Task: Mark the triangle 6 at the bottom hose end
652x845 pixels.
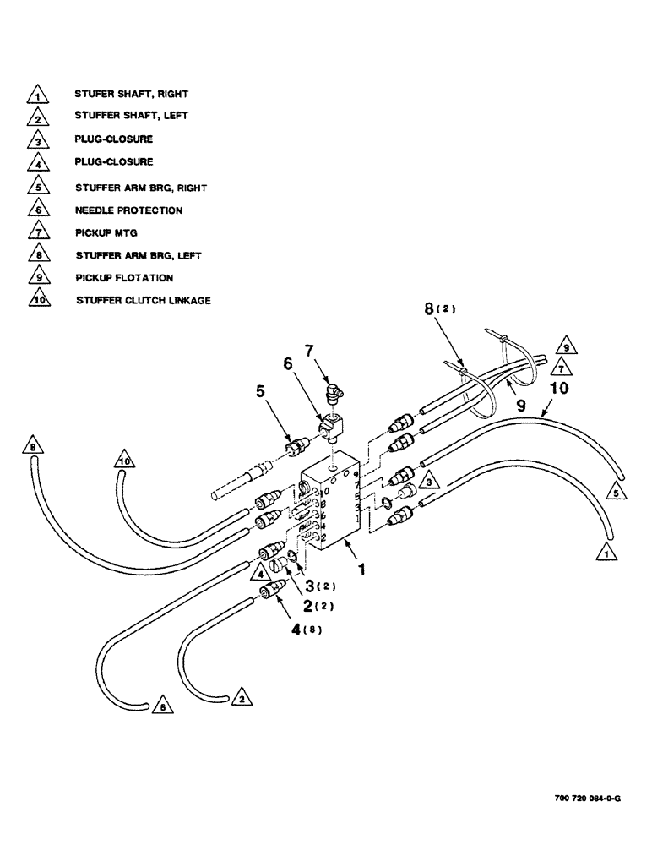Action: [x=159, y=707]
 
